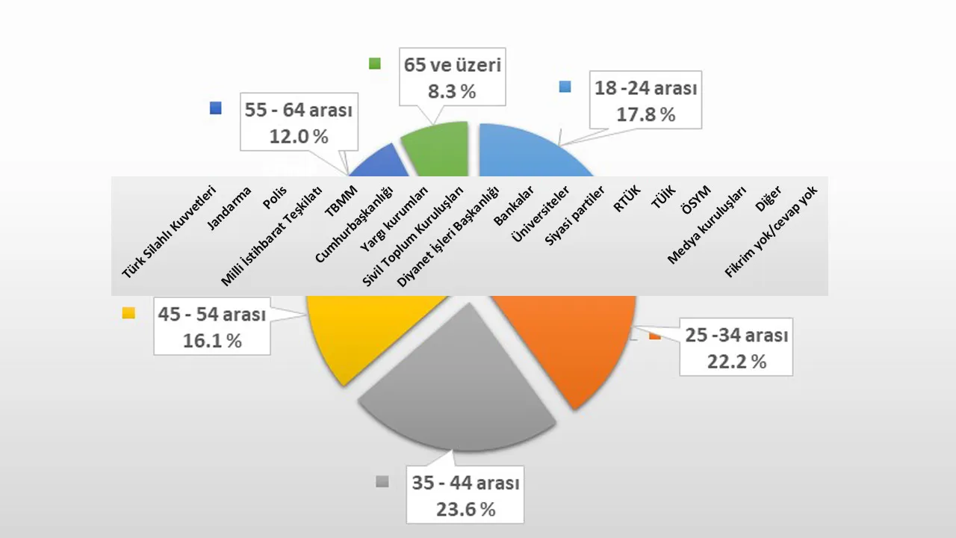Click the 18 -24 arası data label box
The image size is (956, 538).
click(x=645, y=101)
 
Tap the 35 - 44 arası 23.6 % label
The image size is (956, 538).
click(x=465, y=496)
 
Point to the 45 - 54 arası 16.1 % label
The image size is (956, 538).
click(x=212, y=327)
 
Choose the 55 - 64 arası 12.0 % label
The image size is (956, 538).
click(x=299, y=123)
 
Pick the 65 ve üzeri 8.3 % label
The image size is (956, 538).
click(x=452, y=78)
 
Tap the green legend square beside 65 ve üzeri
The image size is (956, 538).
click(x=375, y=64)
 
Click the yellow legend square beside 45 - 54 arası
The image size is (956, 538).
click(x=128, y=313)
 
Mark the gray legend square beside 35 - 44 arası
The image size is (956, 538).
click(x=382, y=481)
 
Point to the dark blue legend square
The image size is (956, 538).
click(x=216, y=108)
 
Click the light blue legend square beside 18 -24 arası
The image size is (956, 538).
click(x=565, y=87)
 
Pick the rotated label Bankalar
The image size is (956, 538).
click(x=514, y=206)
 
